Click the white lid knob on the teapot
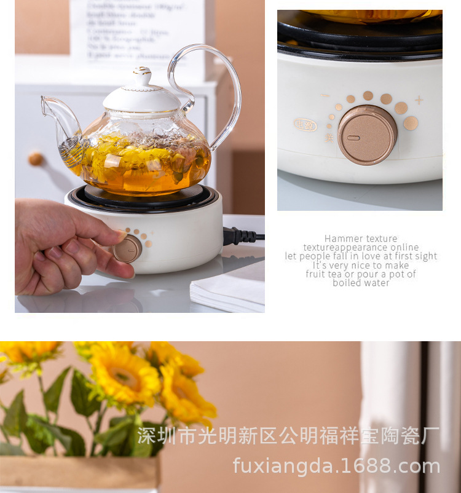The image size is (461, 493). click(x=142, y=76)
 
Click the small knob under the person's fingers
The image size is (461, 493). click(x=128, y=248)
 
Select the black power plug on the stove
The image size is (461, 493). click(x=239, y=236)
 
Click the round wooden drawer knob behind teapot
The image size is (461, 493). click(x=36, y=159)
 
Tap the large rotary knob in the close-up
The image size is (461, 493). click(x=367, y=135)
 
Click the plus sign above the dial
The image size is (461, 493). click(x=419, y=100)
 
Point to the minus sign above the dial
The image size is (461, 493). click(x=325, y=96)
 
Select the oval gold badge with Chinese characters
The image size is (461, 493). click(x=305, y=124)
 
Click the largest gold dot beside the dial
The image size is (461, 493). click(x=411, y=123)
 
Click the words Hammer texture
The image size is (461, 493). click(x=361, y=239)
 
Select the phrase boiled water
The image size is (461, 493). click(x=361, y=283)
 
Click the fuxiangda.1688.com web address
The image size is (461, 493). click(x=336, y=466)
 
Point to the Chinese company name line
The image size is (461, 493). click(x=288, y=436)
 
